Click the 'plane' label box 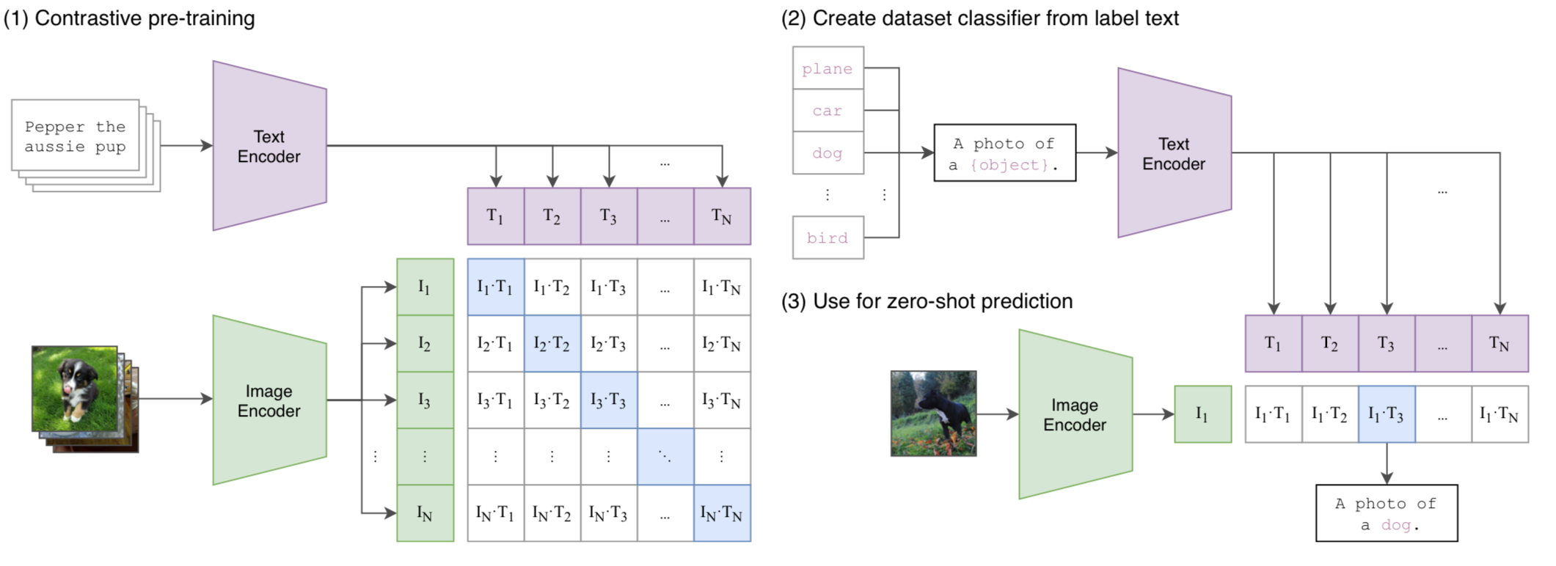pos(828,68)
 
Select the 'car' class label pos(828,111)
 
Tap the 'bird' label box pos(828,238)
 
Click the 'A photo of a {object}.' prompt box pos(1004,153)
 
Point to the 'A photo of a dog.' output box pos(1386,513)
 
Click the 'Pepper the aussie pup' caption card pos(75,136)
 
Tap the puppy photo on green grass pos(75,389)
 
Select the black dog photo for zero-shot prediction pos(933,414)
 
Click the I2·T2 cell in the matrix pos(552,343)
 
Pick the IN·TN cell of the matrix pos(722,513)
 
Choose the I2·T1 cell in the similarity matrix pos(495,343)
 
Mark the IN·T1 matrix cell pos(495,513)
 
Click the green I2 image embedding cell pos(425,343)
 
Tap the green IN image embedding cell pos(425,513)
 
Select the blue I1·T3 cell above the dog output pos(1386,414)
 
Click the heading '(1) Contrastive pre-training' pos(129,18)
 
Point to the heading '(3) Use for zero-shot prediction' pos(927,301)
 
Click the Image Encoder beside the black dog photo pos(1075,414)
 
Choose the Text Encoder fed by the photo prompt pos(1174,153)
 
